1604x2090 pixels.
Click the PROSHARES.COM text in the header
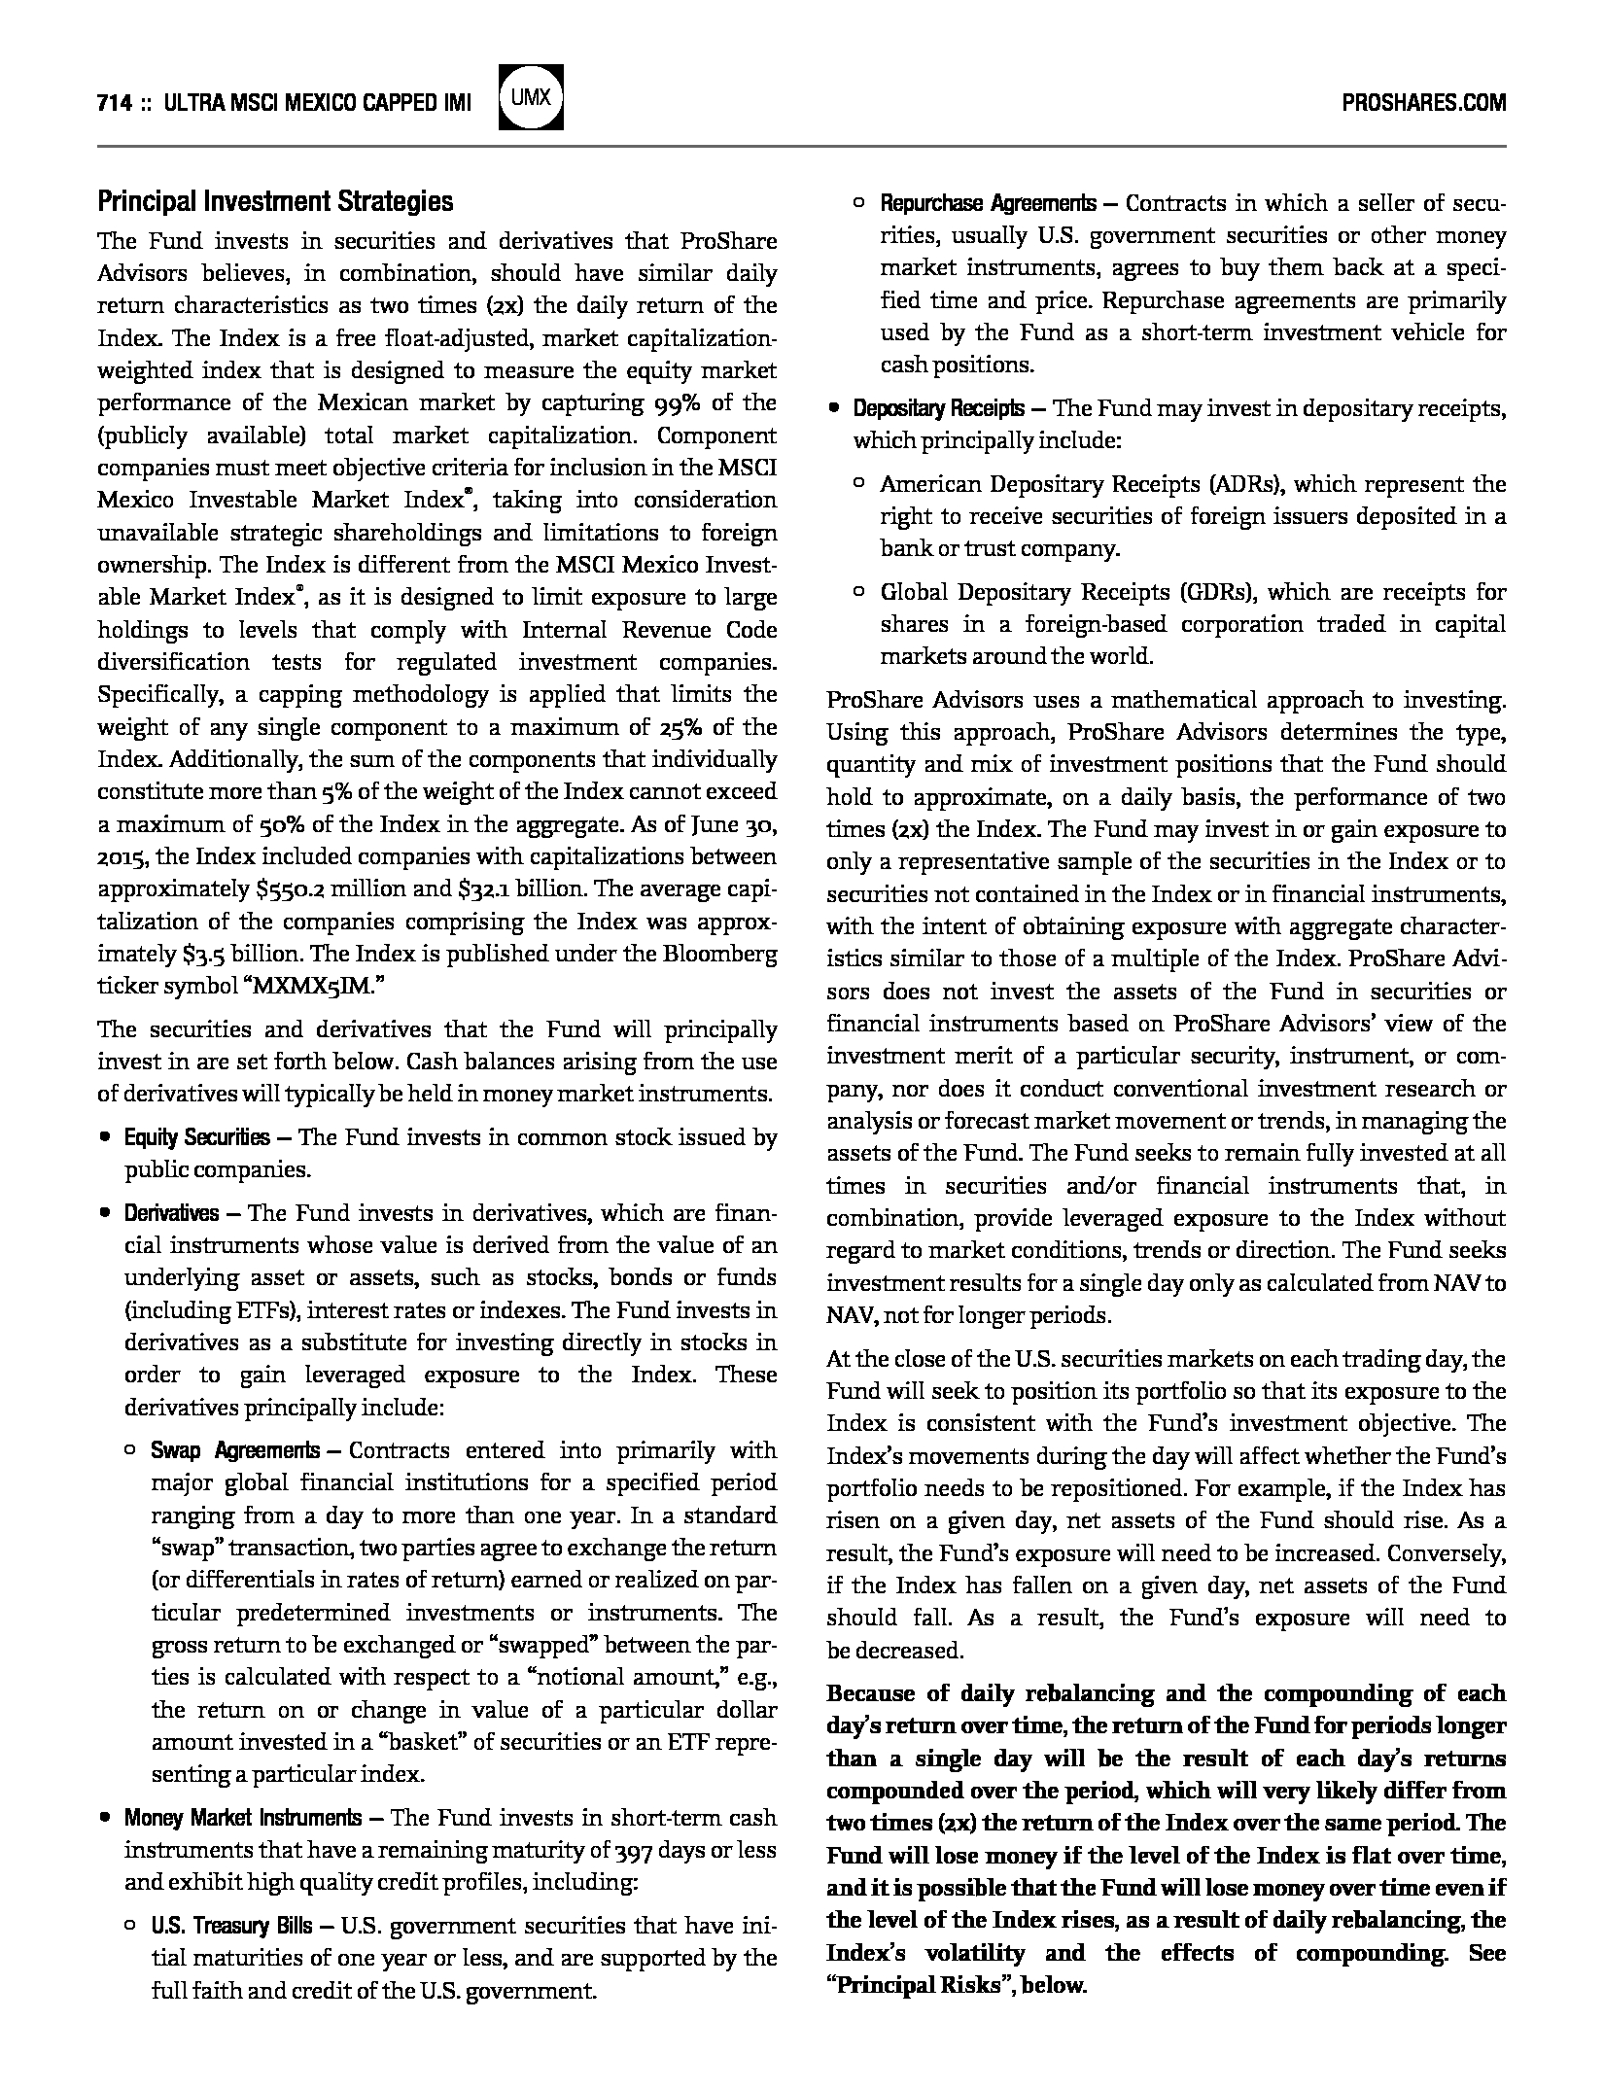coord(1423,102)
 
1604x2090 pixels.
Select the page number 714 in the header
coord(115,103)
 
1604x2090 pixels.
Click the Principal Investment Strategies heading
coord(275,202)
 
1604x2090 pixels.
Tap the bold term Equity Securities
coord(196,1137)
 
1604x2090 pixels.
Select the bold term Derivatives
coord(171,1213)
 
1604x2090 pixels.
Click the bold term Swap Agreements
coord(234,1451)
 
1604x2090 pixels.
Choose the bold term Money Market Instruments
coord(242,1818)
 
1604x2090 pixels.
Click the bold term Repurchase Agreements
coord(988,204)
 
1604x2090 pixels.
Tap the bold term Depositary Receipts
coord(938,408)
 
